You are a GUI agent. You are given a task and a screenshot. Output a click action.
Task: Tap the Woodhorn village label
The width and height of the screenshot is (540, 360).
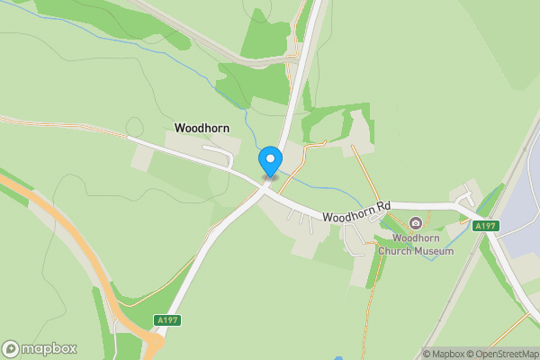point(202,129)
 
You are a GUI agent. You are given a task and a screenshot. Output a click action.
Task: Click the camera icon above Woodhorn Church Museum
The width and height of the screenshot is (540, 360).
point(415,223)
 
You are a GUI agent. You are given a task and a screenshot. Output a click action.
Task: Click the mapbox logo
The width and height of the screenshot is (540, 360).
point(40,348)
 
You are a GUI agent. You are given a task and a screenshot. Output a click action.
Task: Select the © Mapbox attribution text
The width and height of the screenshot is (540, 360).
point(443,354)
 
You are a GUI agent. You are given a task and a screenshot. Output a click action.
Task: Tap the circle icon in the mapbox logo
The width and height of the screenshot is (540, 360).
point(11,349)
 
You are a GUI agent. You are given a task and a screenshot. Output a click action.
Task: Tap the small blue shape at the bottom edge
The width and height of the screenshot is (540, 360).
point(338,356)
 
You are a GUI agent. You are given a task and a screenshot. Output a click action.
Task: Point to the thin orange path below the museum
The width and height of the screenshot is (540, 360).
point(370,297)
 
